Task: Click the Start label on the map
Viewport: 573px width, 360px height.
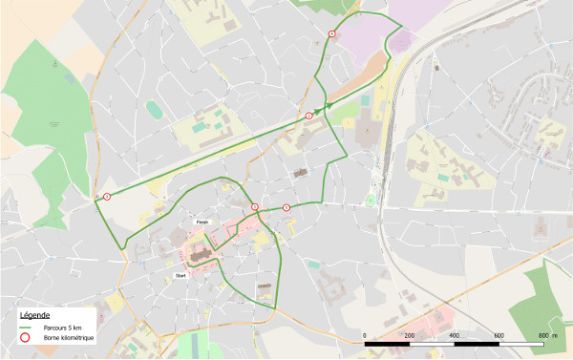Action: (180, 275)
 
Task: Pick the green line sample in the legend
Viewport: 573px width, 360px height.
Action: (27, 328)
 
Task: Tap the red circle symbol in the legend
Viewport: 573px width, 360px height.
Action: (27, 339)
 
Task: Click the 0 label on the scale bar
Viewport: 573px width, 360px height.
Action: (365, 335)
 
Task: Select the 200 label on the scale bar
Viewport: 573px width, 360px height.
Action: (410, 335)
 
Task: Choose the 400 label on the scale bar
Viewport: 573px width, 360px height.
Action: (455, 335)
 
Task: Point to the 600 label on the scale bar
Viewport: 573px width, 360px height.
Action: (499, 335)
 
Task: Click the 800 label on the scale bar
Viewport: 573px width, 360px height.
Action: (543, 335)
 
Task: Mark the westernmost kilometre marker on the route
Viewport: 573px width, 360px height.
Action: (107, 197)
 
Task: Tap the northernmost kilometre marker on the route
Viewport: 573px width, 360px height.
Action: (331, 33)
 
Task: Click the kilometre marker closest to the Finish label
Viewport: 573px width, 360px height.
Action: (255, 206)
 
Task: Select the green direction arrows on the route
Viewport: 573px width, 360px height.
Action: (327, 105)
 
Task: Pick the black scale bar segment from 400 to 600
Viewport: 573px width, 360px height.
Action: (477, 342)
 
